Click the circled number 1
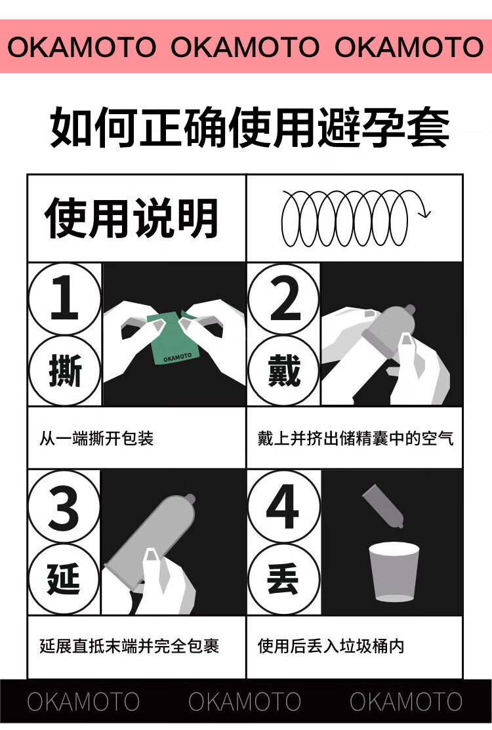click(x=64, y=298)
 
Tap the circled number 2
click(x=283, y=298)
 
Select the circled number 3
click(x=64, y=506)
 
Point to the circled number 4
click(x=283, y=506)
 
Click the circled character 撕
click(x=64, y=371)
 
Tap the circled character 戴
click(x=283, y=371)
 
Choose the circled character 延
click(x=64, y=579)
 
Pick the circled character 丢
click(x=283, y=579)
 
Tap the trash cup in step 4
click(x=394, y=572)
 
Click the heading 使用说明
click(x=131, y=218)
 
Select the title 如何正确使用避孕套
click(x=250, y=127)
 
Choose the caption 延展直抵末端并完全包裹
click(x=129, y=646)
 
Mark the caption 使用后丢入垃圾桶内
click(x=331, y=646)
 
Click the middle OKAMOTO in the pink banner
click(x=245, y=47)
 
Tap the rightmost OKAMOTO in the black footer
click(x=406, y=702)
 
